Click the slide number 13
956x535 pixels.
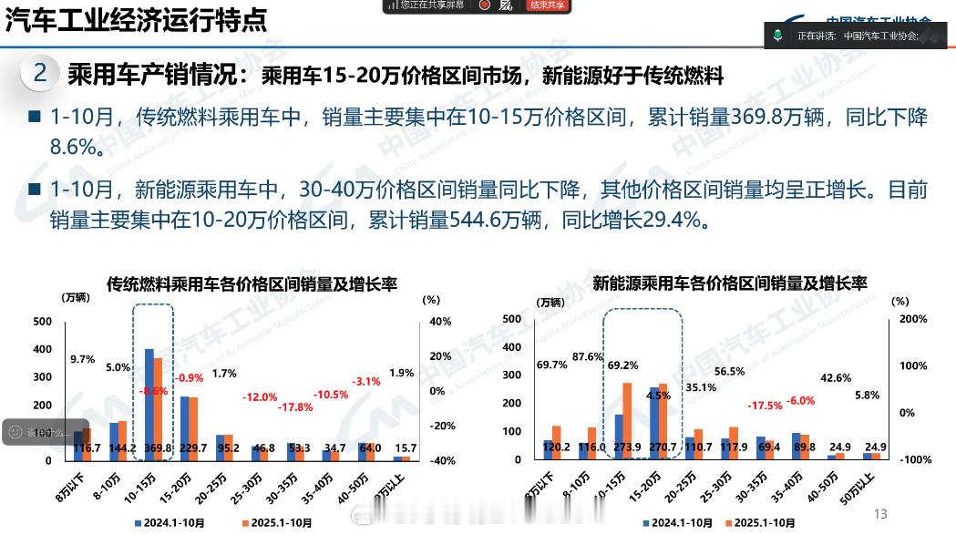(880, 513)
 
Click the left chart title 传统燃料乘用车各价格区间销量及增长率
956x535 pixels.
(252, 285)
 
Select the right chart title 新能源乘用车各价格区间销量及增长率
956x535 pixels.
(729, 283)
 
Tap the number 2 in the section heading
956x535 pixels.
(40, 74)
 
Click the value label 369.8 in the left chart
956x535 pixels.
(158, 448)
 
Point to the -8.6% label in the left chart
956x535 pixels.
(153, 390)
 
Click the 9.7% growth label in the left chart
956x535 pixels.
(82, 359)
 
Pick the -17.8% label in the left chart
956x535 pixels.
(294, 406)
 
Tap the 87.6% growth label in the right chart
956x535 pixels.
(589, 356)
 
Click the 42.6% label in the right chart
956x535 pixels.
(836, 377)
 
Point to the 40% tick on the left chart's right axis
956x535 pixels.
(440, 322)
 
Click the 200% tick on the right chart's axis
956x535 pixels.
(913, 320)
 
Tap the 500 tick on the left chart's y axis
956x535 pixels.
(42, 322)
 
